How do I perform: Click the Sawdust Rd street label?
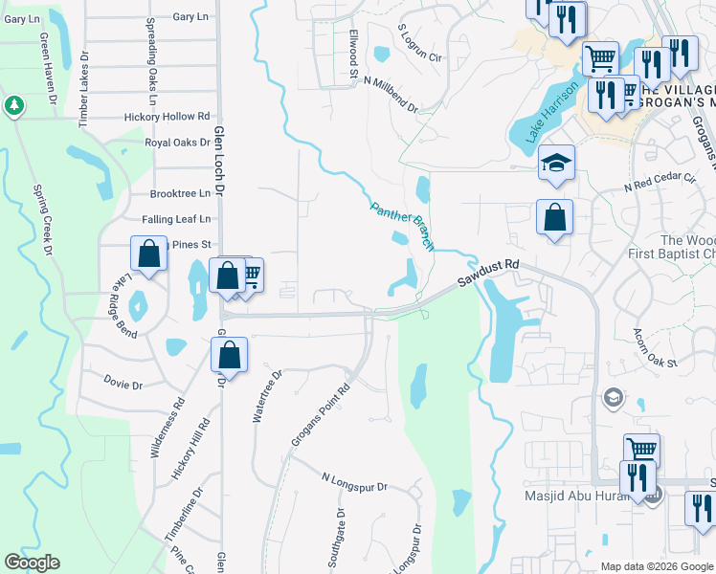pyautogui.click(x=487, y=275)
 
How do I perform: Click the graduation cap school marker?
pyautogui.click(x=555, y=164)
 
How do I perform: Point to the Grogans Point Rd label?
pyautogui.click(x=320, y=417)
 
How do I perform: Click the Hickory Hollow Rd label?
pyautogui.click(x=167, y=117)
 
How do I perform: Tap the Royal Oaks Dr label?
pyautogui.click(x=176, y=143)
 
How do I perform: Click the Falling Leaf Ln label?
pyautogui.click(x=175, y=219)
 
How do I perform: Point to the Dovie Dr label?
pyautogui.click(x=123, y=386)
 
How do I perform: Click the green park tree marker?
pyautogui.click(x=14, y=105)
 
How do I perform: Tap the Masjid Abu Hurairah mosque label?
pyautogui.click(x=580, y=497)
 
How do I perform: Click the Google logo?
pyautogui.click(x=32, y=563)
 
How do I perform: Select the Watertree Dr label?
pyautogui.click(x=265, y=397)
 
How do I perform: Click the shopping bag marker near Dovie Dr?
pyautogui.click(x=230, y=356)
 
